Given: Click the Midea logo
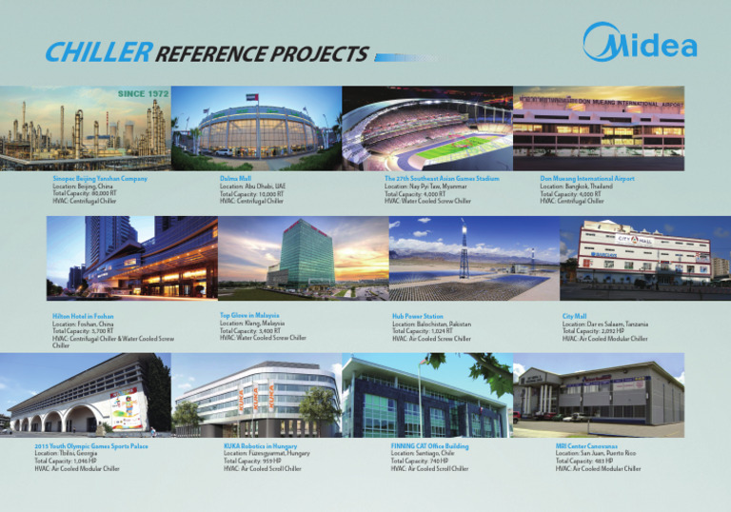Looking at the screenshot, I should pos(640,44).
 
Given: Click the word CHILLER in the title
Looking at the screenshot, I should pos(97,53).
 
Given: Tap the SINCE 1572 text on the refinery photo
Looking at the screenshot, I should pos(143,94).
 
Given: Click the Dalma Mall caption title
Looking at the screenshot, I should pos(238,179).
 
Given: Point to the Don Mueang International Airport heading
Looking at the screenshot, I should pos(587,179).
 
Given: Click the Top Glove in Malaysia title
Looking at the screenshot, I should pos(252,314).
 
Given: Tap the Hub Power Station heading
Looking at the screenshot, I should pos(418,316).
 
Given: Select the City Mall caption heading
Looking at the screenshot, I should pos(575,316).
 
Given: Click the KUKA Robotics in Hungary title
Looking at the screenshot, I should pos(261,445).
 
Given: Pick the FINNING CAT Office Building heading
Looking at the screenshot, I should pos(429,445).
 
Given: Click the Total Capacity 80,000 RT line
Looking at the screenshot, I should pos(86,193).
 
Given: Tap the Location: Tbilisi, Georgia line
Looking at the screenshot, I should pos(72,453).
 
